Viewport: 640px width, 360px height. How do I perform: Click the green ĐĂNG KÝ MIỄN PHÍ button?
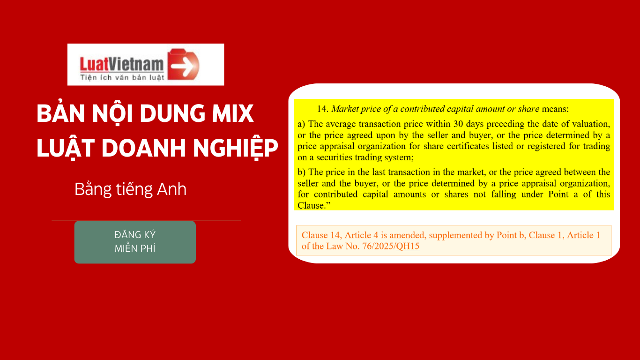pyautogui.click(x=135, y=242)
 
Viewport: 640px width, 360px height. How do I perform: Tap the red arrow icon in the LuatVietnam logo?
pyautogui.click(x=183, y=64)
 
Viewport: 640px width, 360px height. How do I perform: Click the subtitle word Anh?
pyautogui.click(x=172, y=189)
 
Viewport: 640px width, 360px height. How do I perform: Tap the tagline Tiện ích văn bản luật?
pyautogui.click(x=122, y=77)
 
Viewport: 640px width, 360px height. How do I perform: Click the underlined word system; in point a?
pyautogui.click(x=399, y=157)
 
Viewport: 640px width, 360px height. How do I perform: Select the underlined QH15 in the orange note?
pyautogui.click(x=408, y=246)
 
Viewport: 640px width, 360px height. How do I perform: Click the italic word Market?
pyautogui.click(x=345, y=109)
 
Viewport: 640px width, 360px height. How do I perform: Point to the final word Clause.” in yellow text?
pyautogui.click(x=314, y=205)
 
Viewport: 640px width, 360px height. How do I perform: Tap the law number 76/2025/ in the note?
pyautogui.click(x=379, y=246)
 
